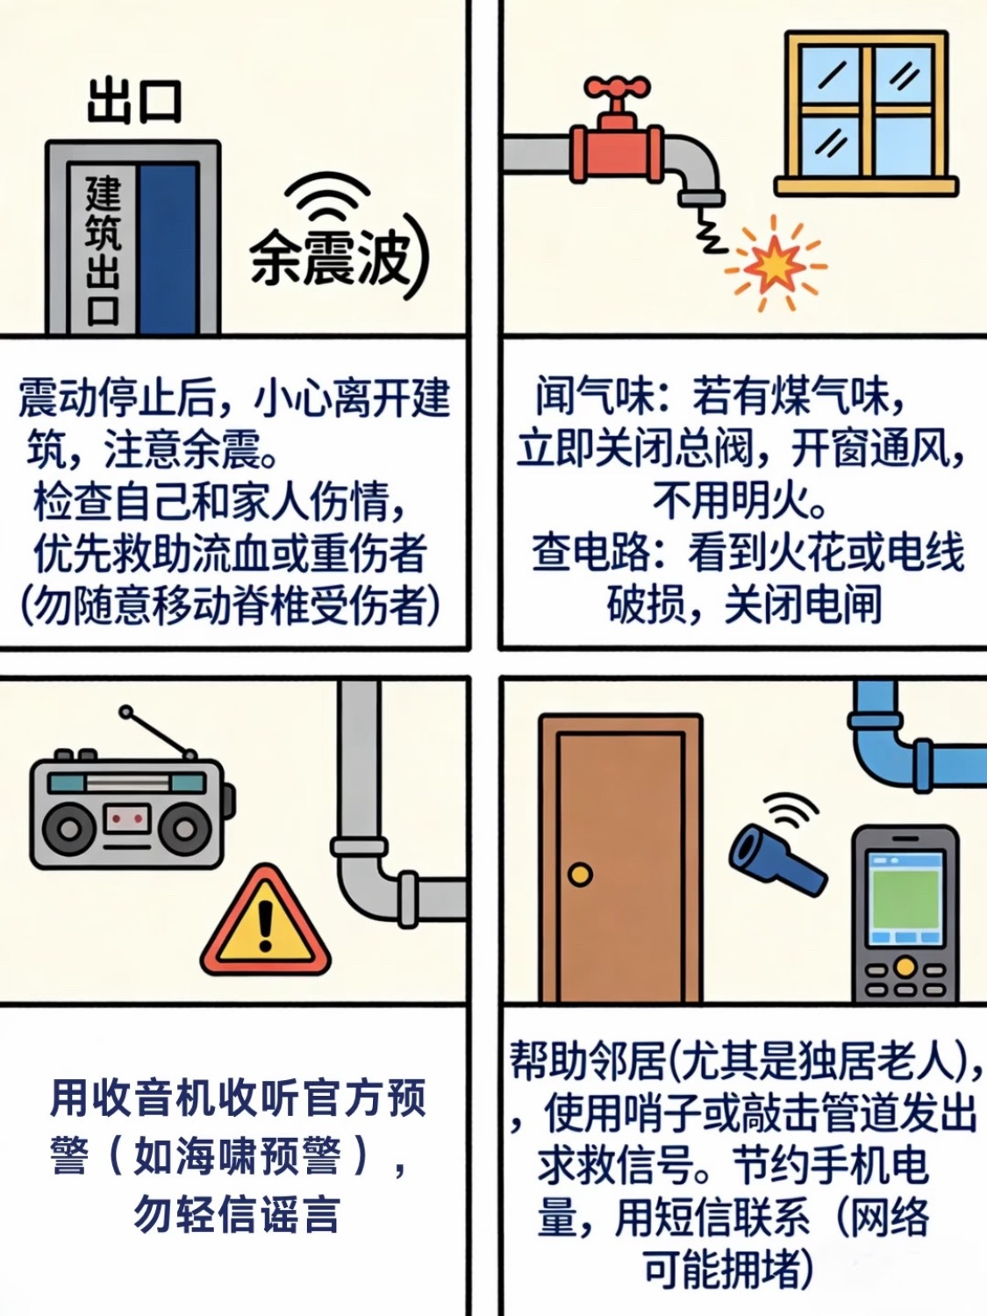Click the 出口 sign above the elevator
pyautogui.click(x=134, y=103)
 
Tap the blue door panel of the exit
pyautogui.click(x=168, y=248)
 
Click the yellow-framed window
pyautogui.click(x=866, y=113)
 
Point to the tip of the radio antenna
pyautogui.click(x=125, y=712)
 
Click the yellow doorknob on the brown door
pyautogui.click(x=580, y=874)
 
